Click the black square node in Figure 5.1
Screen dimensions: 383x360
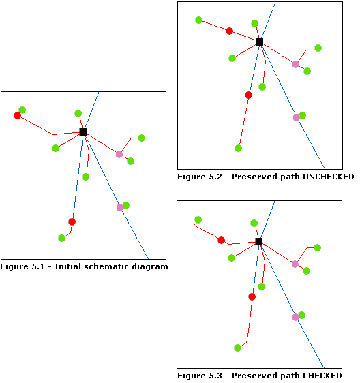point(82,132)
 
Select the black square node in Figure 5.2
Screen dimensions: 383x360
point(259,42)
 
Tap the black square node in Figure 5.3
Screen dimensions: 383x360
point(258,241)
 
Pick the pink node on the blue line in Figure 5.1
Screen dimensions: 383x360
point(120,207)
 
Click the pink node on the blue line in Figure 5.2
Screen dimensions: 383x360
point(296,117)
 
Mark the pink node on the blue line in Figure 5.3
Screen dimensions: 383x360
point(296,317)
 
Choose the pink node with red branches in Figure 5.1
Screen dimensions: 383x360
point(119,154)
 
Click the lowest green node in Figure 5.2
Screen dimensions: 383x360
point(238,148)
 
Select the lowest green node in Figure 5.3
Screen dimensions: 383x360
point(237,348)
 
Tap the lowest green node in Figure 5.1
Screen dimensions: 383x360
point(61,238)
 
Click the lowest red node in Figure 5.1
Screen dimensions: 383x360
point(72,221)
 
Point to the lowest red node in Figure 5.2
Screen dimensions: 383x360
point(248,95)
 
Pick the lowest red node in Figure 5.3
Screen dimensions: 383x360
point(252,296)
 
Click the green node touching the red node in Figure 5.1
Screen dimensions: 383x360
point(22,110)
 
